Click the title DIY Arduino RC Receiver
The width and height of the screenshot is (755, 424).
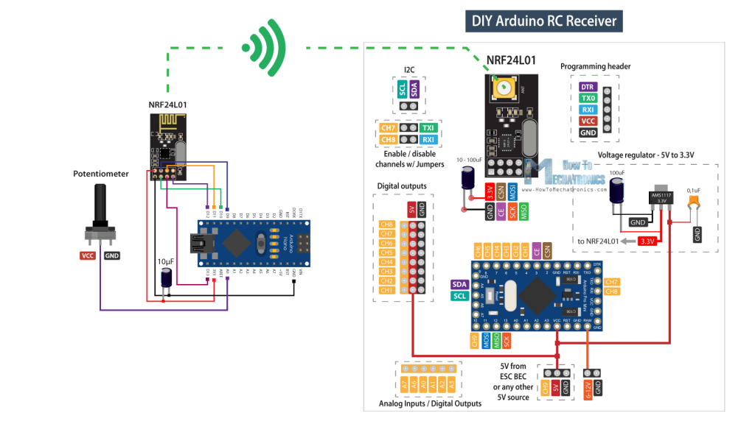[544, 20]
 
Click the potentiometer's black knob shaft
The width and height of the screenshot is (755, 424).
[100, 202]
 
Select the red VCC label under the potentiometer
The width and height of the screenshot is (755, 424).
[90, 255]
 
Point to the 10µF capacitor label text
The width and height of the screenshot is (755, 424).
[167, 261]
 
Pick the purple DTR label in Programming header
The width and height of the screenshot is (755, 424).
[588, 86]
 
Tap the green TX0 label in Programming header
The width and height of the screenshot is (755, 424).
[588, 98]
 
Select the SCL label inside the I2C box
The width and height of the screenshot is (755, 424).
[403, 89]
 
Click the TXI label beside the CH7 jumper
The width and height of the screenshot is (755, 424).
[428, 127]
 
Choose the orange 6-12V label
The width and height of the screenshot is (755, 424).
[588, 387]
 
